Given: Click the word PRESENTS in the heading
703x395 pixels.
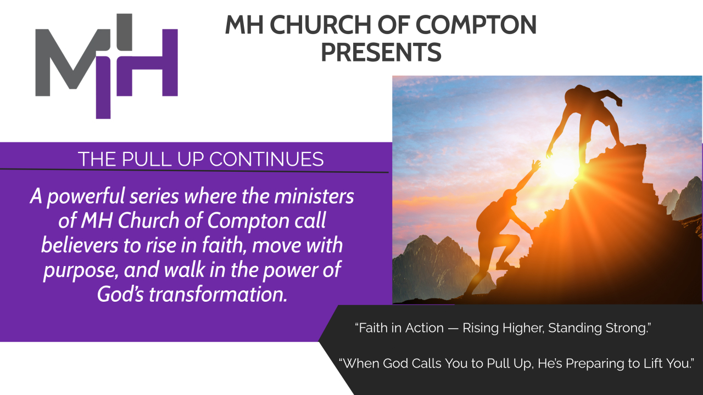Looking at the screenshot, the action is [381, 52].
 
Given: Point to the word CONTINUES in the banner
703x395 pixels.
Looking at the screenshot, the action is [266, 159].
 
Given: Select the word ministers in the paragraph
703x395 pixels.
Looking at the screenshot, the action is [314, 196].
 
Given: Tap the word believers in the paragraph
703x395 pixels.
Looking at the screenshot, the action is [80, 245].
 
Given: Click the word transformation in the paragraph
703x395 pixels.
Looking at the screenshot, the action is [218, 295].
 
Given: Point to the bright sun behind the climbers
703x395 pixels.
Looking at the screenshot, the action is [563, 166].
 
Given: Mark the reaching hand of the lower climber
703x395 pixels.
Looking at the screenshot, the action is [535, 165].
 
